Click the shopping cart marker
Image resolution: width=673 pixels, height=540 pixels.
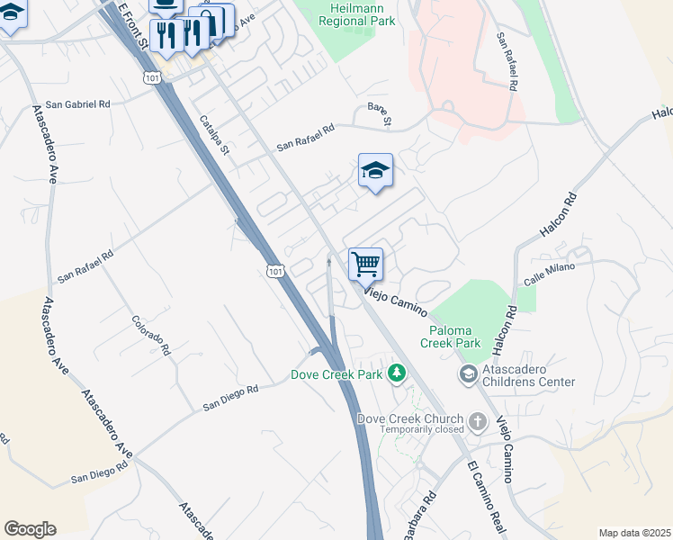pos(366,265)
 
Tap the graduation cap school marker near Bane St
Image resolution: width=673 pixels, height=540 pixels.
pos(375,170)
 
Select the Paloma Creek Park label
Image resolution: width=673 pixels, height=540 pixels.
pos(451,336)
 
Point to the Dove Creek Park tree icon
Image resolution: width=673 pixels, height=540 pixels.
pos(396,373)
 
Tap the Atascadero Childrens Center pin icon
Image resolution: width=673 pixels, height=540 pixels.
pos(468,373)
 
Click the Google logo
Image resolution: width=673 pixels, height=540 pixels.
pos(30,529)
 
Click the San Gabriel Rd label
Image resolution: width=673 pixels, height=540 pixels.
pos(79,105)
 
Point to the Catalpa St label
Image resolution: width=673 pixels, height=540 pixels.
pos(215,134)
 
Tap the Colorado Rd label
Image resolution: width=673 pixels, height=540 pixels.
pos(151,334)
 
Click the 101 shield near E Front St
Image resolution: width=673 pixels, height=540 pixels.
pos(152,78)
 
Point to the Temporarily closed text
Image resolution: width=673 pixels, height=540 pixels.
pos(421,430)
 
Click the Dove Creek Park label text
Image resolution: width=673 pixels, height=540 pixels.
pos(336,374)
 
